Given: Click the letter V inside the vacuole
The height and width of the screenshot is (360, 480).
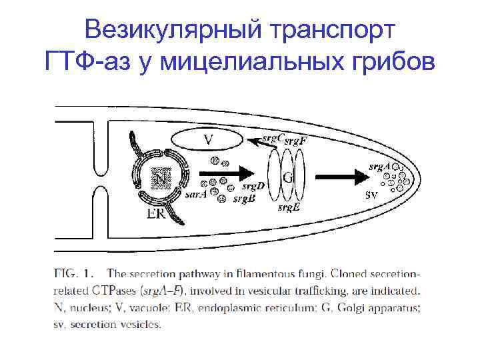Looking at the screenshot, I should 208,140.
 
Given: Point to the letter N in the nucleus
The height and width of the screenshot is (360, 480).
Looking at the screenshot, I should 160,178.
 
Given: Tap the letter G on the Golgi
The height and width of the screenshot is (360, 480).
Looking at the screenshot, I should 288,177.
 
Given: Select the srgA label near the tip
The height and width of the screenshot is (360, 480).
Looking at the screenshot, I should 379,166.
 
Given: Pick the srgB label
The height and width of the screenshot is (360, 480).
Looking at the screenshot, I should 244,199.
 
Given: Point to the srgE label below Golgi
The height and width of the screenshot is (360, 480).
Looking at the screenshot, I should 288,208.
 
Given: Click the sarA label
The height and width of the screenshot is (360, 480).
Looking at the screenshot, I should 195,195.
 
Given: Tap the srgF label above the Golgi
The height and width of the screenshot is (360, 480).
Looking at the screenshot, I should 295,140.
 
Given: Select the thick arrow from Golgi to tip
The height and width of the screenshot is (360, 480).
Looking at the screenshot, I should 341,178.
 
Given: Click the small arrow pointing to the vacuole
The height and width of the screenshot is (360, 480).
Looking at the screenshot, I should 254,141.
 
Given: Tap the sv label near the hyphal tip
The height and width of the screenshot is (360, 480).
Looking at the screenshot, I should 373,195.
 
